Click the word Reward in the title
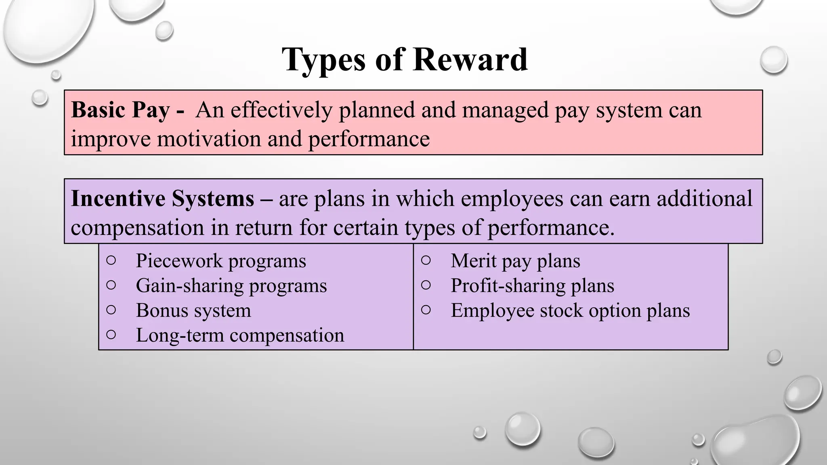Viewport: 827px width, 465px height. tap(470, 60)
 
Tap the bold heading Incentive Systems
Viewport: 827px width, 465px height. tap(162, 199)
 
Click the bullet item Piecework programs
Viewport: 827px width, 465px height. tap(221, 261)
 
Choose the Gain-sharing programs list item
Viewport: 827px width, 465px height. tap(231, 286)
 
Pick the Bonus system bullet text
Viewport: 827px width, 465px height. tap(193, 310)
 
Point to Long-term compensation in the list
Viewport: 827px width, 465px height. tap(240, 335)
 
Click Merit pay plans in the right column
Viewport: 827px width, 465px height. tap(515, 261)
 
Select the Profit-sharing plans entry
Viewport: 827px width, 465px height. tap(532, 286)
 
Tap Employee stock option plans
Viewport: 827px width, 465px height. tap(570, 310)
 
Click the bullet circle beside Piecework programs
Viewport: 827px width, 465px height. tap(111, 260)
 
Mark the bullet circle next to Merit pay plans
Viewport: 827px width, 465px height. tap(426, 260)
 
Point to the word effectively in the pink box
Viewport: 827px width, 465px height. tap(281, 110)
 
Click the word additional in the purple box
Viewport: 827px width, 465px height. tap(704, 199)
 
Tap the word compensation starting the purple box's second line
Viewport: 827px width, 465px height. tap(137, 228)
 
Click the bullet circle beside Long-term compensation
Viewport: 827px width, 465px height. tap(111, 335)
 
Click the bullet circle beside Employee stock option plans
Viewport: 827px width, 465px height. tap(426, 310)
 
